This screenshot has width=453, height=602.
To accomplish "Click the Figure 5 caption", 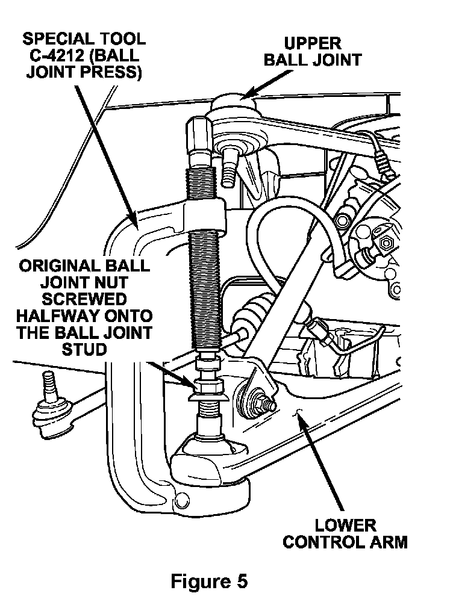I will (209, 582).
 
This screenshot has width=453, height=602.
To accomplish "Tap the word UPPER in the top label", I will (313, 43).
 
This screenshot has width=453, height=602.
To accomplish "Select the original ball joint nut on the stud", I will (207, 383).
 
